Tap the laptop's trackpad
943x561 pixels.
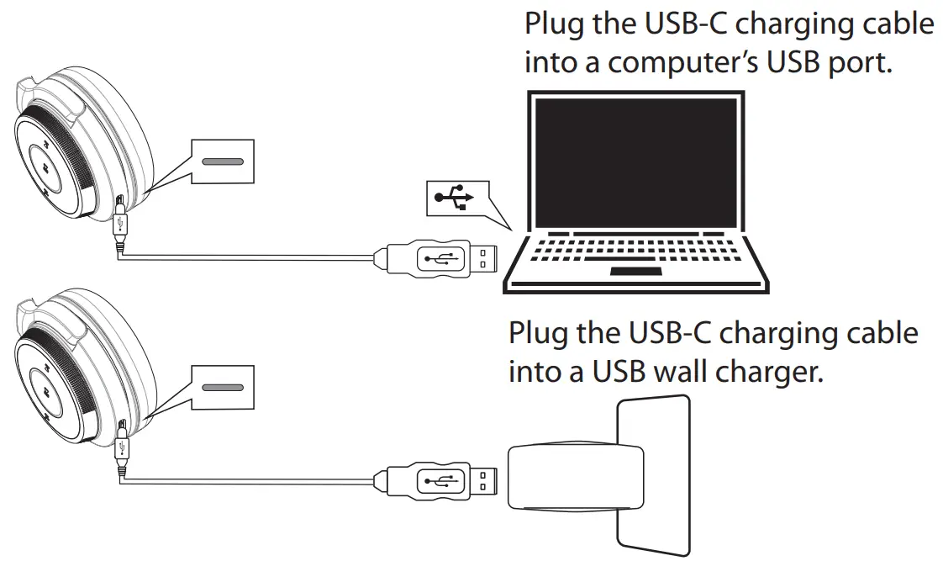635,272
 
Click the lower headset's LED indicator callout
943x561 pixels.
222,387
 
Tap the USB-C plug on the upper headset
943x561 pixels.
120,222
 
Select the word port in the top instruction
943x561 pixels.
860,63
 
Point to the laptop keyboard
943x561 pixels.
635,248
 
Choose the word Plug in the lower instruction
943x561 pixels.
538,333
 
